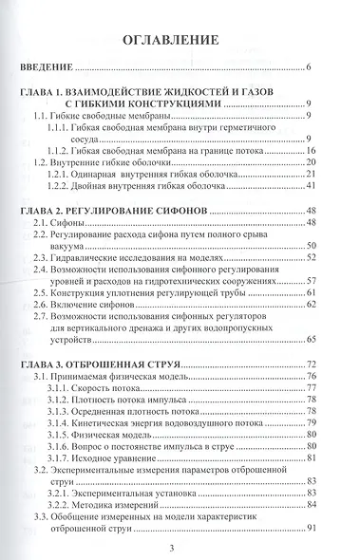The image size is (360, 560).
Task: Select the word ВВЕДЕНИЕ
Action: (47, 69)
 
